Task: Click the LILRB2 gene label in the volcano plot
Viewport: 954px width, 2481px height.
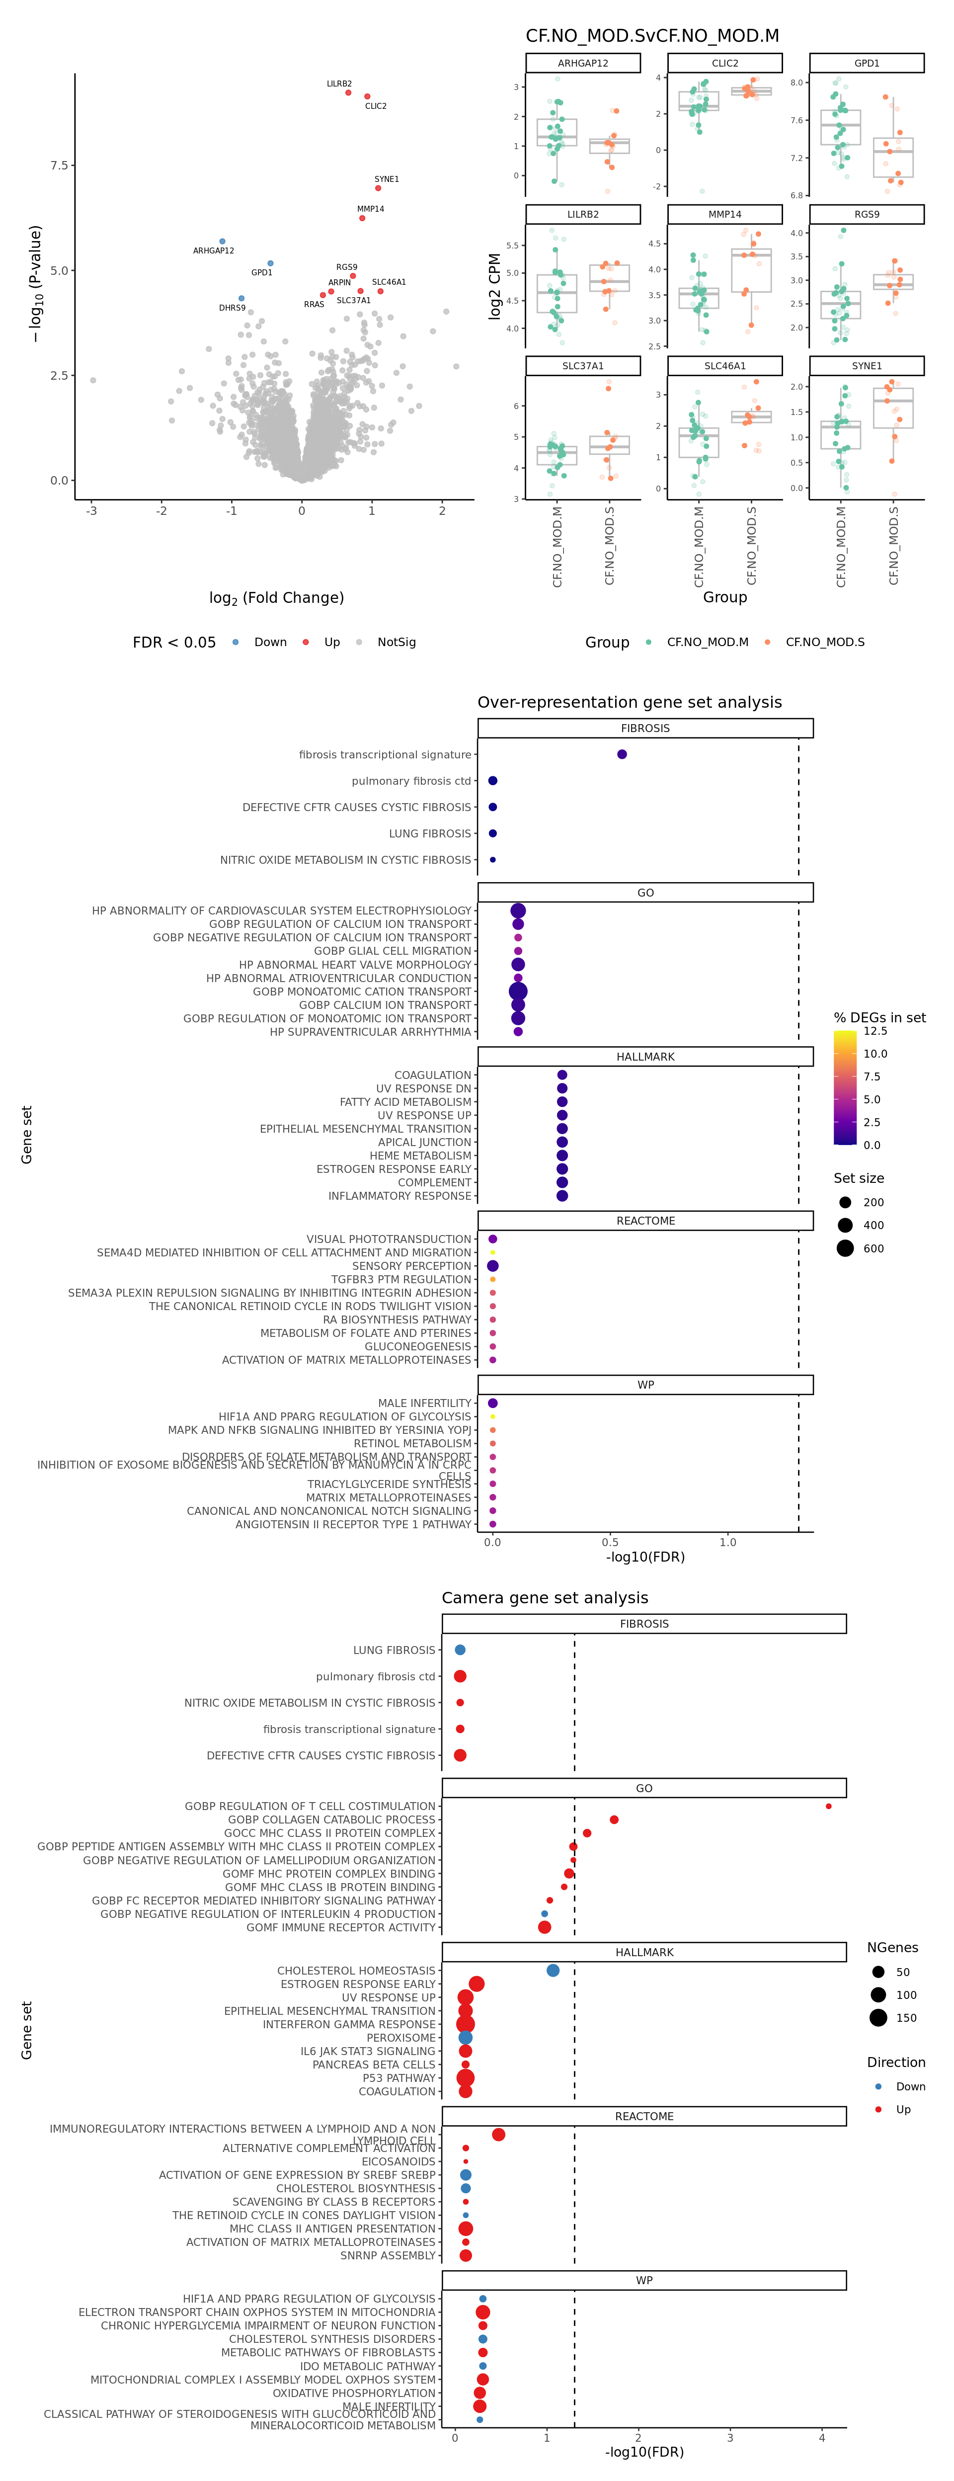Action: [339, 84]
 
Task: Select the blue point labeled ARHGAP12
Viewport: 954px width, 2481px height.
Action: [223, 242]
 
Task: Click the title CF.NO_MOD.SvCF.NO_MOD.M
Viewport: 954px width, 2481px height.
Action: [652, 36]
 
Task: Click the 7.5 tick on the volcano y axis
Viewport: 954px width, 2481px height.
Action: [60, 165]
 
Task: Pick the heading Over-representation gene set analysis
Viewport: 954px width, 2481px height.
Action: [630, 702]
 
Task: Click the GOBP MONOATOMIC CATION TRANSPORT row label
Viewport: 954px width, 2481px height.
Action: [362, 991]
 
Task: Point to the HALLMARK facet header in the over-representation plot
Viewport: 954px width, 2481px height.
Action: [645, 1057]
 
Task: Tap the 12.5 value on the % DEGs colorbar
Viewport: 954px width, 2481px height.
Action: [875, 1031]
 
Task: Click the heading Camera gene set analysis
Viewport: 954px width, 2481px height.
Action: [545, 1598]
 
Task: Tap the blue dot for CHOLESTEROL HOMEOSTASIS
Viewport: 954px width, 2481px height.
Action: [553, 1971]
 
